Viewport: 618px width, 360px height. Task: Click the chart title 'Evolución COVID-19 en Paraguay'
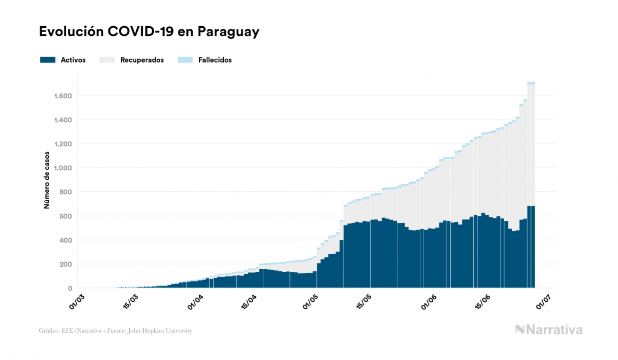149,32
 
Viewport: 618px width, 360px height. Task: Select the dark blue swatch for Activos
48,60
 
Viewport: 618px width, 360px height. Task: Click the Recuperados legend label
142,60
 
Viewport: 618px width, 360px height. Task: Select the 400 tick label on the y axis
65,240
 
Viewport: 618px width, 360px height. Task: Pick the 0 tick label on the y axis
70,288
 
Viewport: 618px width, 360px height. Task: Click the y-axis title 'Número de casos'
46,180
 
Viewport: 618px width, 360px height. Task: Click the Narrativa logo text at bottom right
554,330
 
